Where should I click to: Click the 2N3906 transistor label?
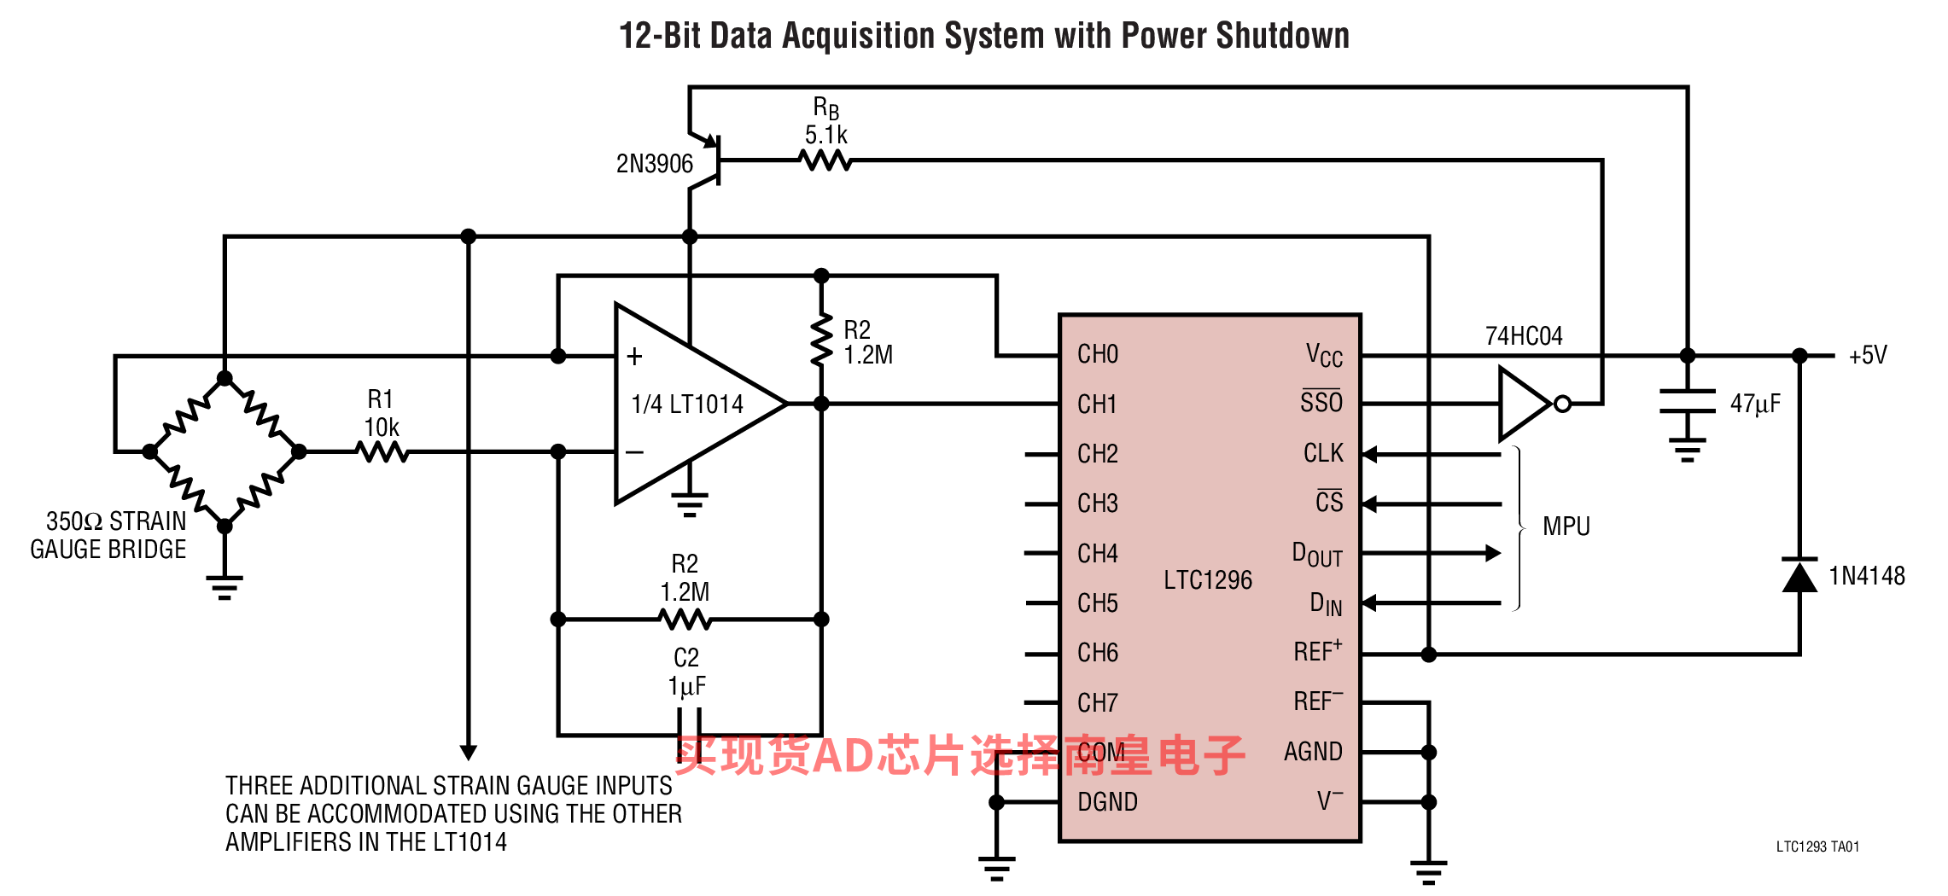[x=654, y=163]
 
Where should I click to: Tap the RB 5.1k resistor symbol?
[x=825, y=160]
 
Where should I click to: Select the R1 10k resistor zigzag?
[x=383, y=451]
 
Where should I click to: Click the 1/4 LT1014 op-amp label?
[x=687, y=404]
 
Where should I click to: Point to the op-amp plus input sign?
[x=634, y=356]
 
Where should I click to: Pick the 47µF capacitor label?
[x=1755, y=404]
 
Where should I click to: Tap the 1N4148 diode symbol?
[x=1799, y=575]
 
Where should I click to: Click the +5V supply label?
[x=1868, y=355]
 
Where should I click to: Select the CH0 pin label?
[x=1098, y=354]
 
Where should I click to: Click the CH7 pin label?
[x=1098, y=702]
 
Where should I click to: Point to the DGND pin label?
[x=1107, y=801]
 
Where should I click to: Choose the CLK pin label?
[x=1323, y=453]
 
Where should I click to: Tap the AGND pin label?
[x=1313, y=752]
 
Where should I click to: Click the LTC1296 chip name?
[x=1208, y=580]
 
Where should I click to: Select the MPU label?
[x=1566, y=527]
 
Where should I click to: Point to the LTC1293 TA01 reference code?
[x=1817, y=847]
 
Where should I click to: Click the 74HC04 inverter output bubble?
[x=1563, y=404]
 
